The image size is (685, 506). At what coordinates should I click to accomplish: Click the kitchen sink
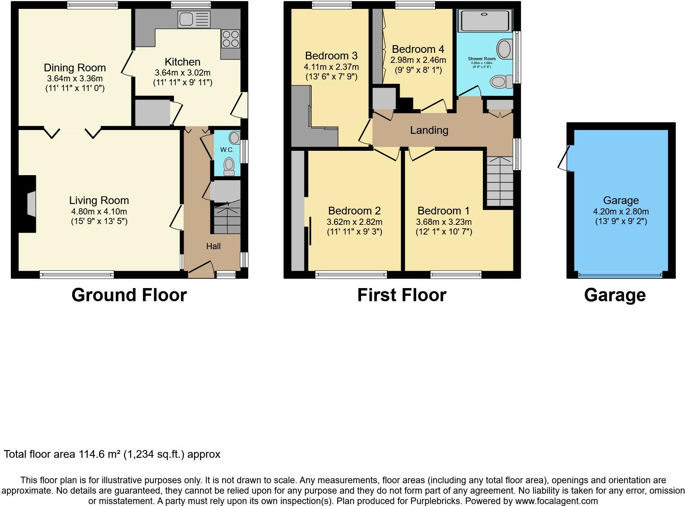click(194, 19)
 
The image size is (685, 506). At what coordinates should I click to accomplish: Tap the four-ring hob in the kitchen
click(230, 39)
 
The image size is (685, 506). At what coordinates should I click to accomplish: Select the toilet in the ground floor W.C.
click(229, 166)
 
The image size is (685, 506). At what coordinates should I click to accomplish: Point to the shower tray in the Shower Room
click(485, 20)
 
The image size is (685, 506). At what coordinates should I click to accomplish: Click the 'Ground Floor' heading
click(129, 295)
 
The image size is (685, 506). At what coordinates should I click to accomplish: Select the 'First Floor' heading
click(402, 295)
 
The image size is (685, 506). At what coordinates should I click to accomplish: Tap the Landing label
click(429, 130)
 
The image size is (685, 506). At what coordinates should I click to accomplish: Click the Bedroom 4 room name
click(418, 49)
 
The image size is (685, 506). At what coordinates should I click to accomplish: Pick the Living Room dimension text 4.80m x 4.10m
click(99, 211)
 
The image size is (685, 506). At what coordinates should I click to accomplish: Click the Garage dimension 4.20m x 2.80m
click(621, 211)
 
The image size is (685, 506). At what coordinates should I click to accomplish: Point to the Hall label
click(213, 246)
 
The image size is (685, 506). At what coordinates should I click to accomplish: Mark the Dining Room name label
click(75, 68)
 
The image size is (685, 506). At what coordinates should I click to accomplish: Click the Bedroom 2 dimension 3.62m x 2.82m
click(354, 222)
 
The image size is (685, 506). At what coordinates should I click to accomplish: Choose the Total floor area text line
click(112, 454)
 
